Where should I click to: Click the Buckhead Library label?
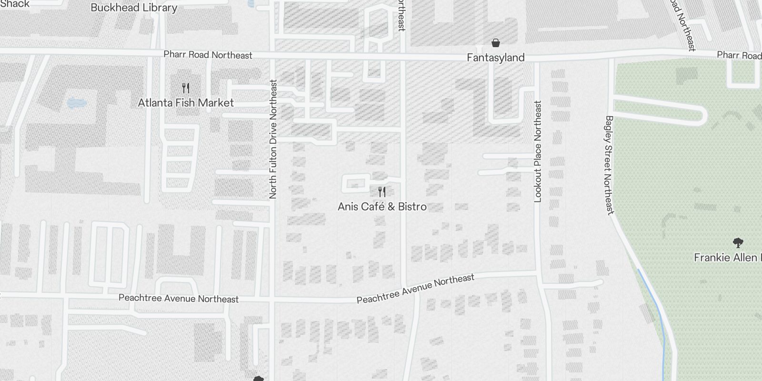pos(134,8)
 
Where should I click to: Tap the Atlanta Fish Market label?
pos(186,103)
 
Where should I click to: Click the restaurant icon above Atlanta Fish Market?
pos(186,88)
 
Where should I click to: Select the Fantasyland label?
pos(495,58)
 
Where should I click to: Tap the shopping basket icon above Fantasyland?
pos(496,43)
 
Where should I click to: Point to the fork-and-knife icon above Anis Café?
pos(382,192)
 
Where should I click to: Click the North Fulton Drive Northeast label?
pos(273,139)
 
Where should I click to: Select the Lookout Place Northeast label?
pos(538,151)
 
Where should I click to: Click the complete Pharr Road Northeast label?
pos(208,55)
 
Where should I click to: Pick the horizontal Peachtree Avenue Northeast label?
pos(179,299)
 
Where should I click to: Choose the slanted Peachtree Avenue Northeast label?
pos(415,288)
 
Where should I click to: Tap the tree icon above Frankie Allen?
pos(738,243)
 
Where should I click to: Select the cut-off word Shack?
pos(14,4)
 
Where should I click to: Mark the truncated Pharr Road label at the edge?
pos(739,55)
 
